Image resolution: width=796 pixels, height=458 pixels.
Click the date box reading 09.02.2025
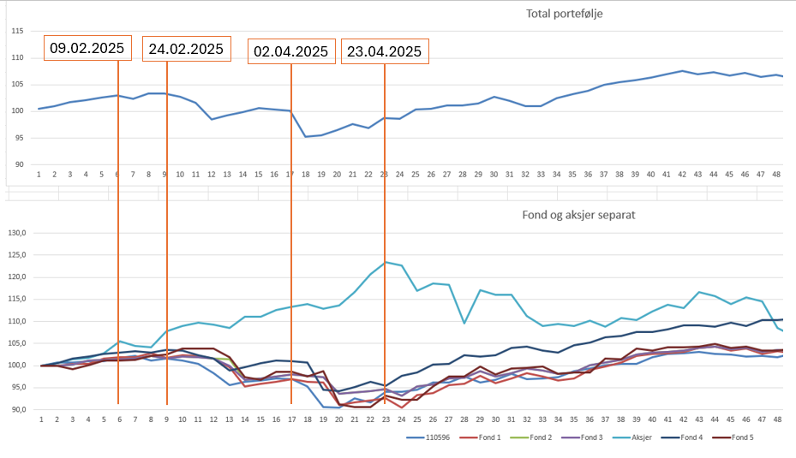(87, 49)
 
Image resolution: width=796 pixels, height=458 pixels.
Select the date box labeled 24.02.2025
(186, 49)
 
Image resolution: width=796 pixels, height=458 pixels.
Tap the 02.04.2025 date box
(290, 51)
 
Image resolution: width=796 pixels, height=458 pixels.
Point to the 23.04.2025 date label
(383, 51)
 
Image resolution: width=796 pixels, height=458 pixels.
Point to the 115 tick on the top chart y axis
(16, 31)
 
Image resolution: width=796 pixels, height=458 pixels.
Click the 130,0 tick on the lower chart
(19, 232)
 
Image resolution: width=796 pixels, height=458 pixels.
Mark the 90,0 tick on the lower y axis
(19, 409)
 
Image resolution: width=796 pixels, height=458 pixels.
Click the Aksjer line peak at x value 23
(385, 262)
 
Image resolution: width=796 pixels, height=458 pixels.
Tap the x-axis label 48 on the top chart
(777, 174)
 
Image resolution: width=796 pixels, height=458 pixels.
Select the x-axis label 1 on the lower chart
(40, 419)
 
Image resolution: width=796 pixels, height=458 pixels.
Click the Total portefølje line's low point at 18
(306, 136)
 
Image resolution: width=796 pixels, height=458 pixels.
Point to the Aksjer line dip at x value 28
(464, 323)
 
